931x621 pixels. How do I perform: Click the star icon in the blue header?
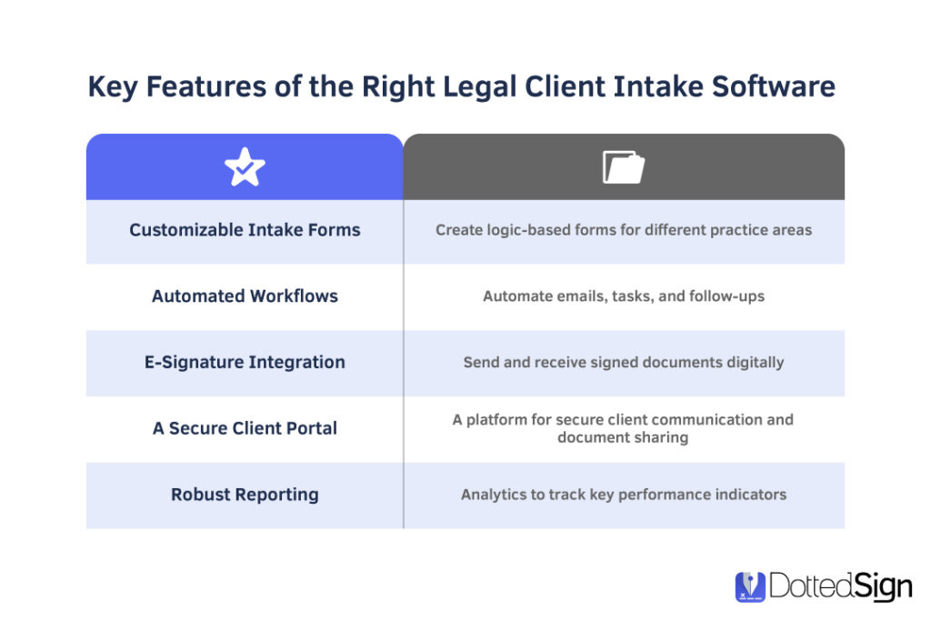(245, 167)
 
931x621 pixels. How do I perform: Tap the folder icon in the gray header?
(624, 167)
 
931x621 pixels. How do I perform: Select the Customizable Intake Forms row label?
(245, 230)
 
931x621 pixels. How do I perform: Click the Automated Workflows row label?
(245, 295)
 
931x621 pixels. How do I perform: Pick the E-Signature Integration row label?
(245, 362)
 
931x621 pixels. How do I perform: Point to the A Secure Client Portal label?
(245, 428)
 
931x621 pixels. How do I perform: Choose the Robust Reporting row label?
(245, 495)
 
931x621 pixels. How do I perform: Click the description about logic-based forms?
(624, 230)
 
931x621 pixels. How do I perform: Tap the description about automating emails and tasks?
(624, 295)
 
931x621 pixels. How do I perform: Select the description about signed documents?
(624, 362)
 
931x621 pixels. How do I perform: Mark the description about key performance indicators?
(624, 495)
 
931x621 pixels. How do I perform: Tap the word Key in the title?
(112, 87)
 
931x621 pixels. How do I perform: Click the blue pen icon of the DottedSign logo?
(750, 586)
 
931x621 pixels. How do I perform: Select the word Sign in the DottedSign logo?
(881, 587)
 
